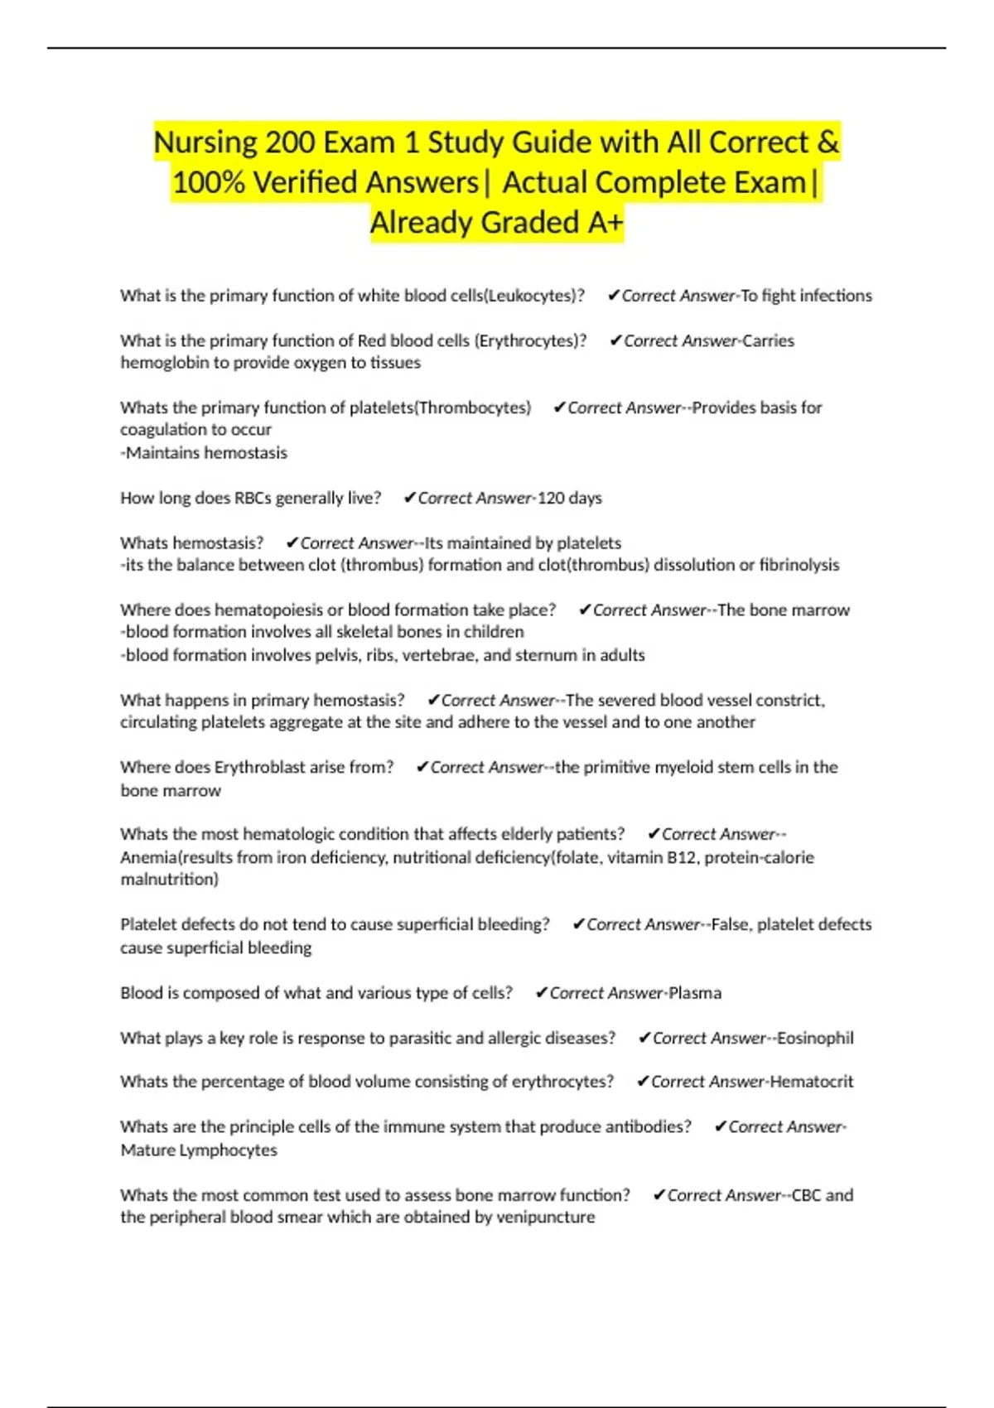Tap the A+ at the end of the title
602,223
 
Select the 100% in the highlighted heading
208,183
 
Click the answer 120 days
570,498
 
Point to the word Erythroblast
260,767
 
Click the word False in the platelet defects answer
730,924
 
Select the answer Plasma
695,993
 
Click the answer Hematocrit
812,1082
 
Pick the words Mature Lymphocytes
199,1150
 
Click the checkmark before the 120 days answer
409,498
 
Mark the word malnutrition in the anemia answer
168,880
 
